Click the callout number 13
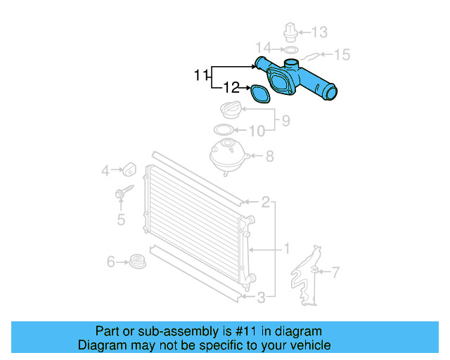point(319,32)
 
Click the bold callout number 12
point(231,88)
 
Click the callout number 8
point(269,157)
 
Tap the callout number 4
point(105,170)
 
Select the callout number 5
point(120,220)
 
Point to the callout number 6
point(111,262)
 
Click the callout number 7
point(335,271)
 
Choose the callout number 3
point(260,298)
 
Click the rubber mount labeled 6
point(139,261)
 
